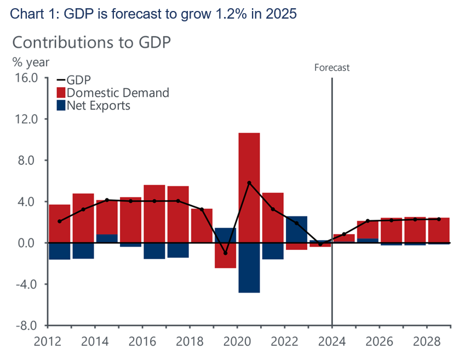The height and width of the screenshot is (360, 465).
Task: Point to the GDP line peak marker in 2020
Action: pos(249,183)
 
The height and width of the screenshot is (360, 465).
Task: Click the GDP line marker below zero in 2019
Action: pos(225,253)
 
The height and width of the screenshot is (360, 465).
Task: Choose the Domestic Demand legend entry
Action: pos(117,93)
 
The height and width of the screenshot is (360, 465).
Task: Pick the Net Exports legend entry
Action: pos(98,105)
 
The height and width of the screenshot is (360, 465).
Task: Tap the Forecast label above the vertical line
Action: pos(331,68)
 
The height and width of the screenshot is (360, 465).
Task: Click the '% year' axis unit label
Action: pos(31,61)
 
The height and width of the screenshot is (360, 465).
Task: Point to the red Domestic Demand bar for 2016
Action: pos(154,214)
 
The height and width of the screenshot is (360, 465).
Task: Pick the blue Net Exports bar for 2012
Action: pos(60,251)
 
